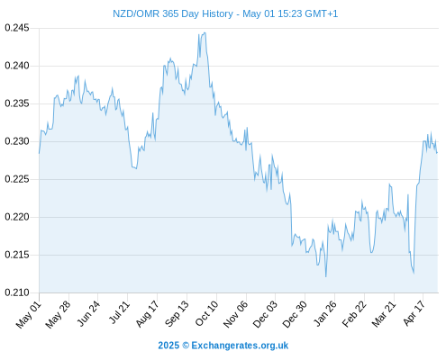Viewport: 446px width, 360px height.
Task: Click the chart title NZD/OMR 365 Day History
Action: (173, 13)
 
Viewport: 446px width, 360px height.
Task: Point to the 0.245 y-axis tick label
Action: (17, 28)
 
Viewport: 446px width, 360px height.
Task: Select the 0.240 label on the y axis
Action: (17, 66)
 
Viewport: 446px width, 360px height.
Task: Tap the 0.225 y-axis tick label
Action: (17, 179)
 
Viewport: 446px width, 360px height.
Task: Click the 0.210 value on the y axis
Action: (17, 292)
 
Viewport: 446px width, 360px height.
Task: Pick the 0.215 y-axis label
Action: (17, 255)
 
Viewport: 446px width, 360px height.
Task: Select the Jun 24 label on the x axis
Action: (88, 313)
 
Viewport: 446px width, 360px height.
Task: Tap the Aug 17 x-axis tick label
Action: (147, 313)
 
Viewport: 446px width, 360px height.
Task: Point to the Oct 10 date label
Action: (206, 313)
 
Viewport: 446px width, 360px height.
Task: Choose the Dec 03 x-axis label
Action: (265, 314)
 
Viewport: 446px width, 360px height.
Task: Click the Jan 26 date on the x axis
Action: (324, 313)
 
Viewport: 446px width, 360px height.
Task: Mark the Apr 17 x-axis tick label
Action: (414, 313)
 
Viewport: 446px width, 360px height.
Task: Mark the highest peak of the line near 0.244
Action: (205, 32)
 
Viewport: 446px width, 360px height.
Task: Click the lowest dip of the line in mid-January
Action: (326, 276)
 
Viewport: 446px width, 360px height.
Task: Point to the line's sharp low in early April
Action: (414, 274)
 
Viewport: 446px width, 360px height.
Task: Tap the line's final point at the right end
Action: (437, 153)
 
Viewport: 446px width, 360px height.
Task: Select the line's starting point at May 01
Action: (39, 153)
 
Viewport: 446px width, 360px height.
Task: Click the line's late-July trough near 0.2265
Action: (136, 168)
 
